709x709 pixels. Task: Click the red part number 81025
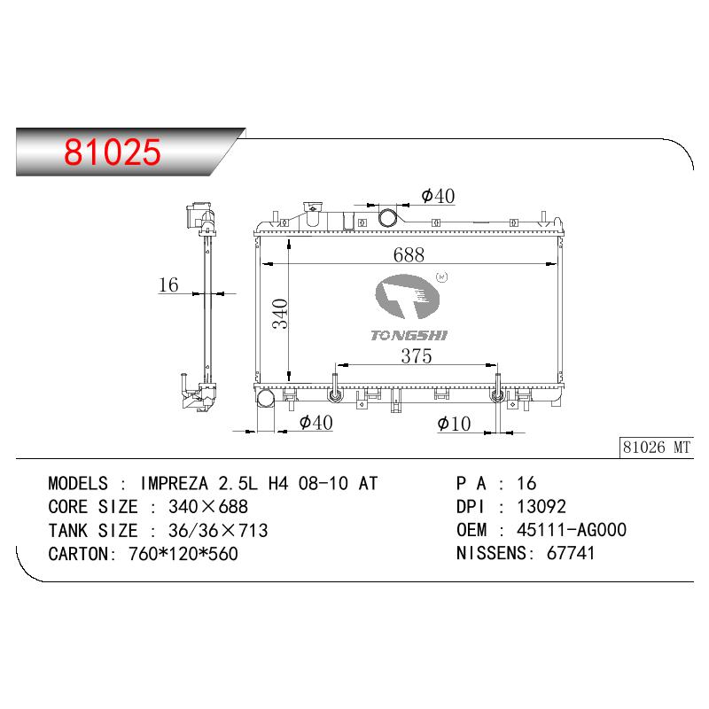coord(113,152)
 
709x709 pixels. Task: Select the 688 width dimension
coord(409,254)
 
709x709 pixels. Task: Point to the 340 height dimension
coord(280,314)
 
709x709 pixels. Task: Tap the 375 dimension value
coord(417,356)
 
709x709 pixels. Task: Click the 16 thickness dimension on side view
coord(168,284)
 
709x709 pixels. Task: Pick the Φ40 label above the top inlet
coord(438,196)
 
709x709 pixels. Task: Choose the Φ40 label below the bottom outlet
coord(316,423)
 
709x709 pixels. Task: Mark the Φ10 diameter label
coord(454,424)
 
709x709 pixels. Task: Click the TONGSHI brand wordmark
coord(409,335)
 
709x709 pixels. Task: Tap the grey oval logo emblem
coord(408,297)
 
